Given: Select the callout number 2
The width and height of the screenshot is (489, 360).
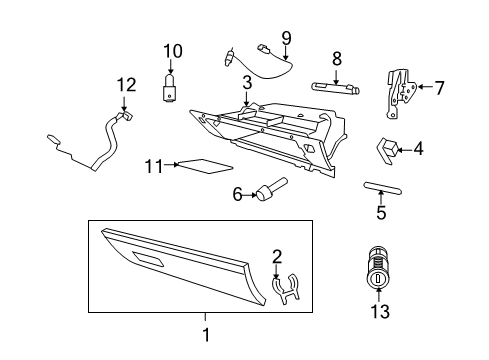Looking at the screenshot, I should pyautogui.click(x=277, y=256).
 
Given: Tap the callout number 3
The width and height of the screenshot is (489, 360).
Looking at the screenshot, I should pyautogui.click(x=246, y=81).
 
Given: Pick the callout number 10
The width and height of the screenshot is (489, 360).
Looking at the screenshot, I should pyautogui.click(x=174, y=50).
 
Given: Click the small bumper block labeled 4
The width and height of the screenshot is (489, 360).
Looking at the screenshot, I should pyautogui.click(x=386, y=149).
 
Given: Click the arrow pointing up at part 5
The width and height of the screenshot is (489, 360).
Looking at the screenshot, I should pyautogui.click(x=381, y=200).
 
